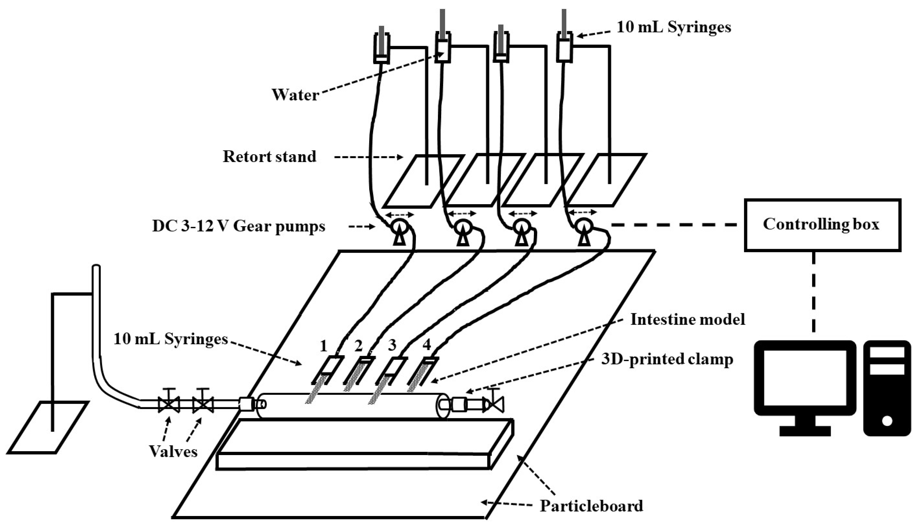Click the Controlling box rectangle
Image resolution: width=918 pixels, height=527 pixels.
coord(822,225)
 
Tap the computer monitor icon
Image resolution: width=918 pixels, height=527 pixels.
coord(805,384)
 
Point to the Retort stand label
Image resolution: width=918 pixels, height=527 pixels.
coord(269,157)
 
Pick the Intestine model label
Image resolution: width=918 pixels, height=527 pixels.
coord(687,320)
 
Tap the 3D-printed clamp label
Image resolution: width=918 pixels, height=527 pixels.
coord(667,359)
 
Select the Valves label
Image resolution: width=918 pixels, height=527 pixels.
coord(173,451)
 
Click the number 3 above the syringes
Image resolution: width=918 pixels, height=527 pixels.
coord(392,346)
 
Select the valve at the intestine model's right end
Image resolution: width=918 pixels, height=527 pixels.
coord(494,404)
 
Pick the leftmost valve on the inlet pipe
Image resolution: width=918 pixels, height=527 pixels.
coord(169,404)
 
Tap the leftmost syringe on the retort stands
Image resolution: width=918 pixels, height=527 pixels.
coord(381,48)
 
